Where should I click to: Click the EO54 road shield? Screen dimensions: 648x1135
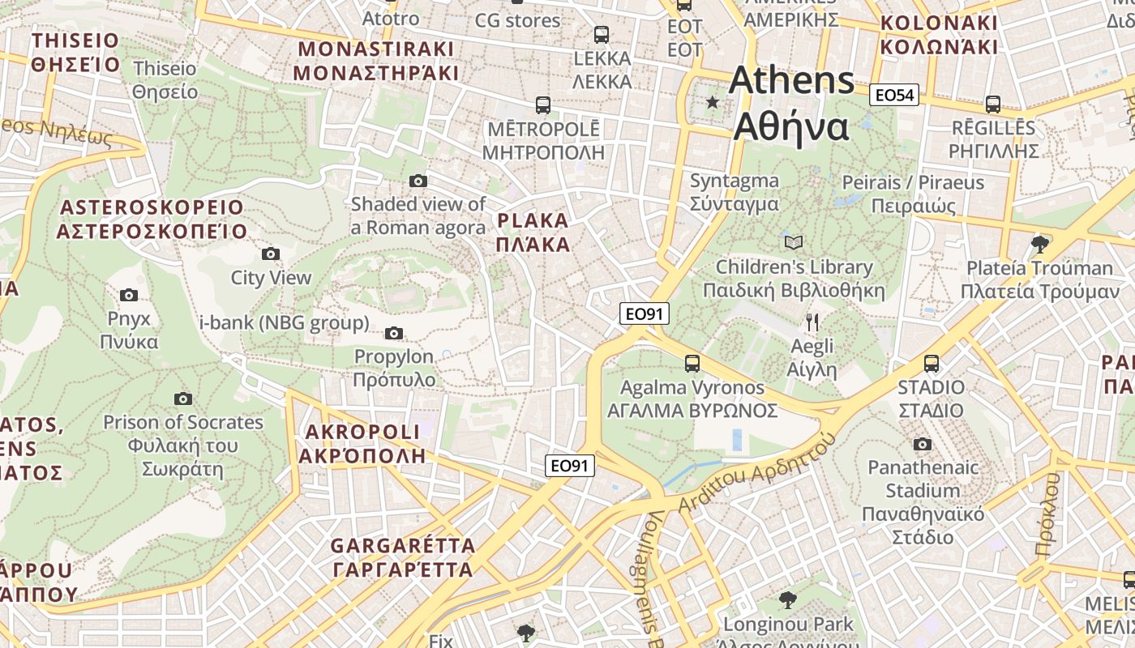(x=895, y=96)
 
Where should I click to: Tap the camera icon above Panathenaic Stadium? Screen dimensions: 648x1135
(x=922, y=444)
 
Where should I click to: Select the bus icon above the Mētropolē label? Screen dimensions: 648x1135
(x=542, y=105)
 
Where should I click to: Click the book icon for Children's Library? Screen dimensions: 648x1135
(x=794, y=242)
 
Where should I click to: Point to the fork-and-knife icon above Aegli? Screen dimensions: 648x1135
(x=812, y=322)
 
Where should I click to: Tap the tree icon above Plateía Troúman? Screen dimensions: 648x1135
(x=1039, y=243)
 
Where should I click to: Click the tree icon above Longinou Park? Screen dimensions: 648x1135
(x=787, y=599)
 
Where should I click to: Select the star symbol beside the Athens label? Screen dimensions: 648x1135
(x=713, y=102)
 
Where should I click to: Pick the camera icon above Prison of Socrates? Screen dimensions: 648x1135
(x=183, y=399)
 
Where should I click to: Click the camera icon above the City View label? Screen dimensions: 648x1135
(x=271, y=254)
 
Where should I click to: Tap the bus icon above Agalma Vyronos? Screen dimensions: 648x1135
(x=692, y=364)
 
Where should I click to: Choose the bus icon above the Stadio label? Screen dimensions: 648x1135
(x=931, y=364)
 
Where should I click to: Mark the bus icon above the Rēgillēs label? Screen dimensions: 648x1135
(x=993, y=104)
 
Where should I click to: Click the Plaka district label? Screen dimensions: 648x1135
(x=533, y=232)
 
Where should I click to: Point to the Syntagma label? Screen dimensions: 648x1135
(x=735, y=192)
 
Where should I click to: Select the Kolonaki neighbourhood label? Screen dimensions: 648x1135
(x=939, y=35)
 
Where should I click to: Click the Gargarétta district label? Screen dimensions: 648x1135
(x=403, y=557)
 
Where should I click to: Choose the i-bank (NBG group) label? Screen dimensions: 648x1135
(x=284, y=323)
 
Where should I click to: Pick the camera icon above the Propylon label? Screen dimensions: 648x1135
(x=394, y=333)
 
